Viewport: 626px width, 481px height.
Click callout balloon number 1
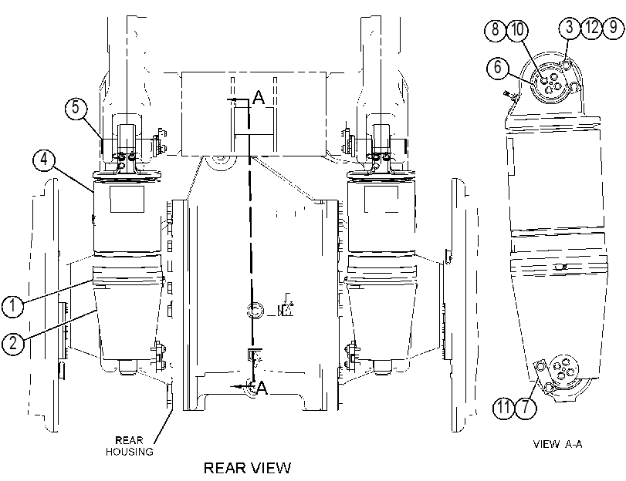coord(13,306)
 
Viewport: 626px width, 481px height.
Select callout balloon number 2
coord(13,342)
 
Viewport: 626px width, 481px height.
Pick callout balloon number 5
coord(76,107)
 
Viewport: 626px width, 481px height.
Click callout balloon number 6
coord(498,66)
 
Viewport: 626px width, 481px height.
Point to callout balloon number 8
coord(496,29)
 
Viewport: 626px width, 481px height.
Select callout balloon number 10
coord(517,29)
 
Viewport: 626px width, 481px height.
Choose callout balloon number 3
coord(570,27)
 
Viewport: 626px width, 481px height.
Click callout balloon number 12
coord(592,27)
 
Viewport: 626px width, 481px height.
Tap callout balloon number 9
coord(613,27)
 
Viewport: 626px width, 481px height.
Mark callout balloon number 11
coord(504,408)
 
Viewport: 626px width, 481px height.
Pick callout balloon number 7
coord(526,408)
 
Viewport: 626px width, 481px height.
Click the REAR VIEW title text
coord(248,467)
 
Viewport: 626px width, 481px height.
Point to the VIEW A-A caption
coord(558,444)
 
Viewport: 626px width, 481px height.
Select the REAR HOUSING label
coord(130,446)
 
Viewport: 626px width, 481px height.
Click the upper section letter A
coord(259,97)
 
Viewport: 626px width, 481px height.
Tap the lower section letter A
coord(262,388)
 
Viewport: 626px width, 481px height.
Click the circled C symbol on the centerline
coord(255,311)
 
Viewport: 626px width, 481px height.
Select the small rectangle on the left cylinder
coord(127,199)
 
